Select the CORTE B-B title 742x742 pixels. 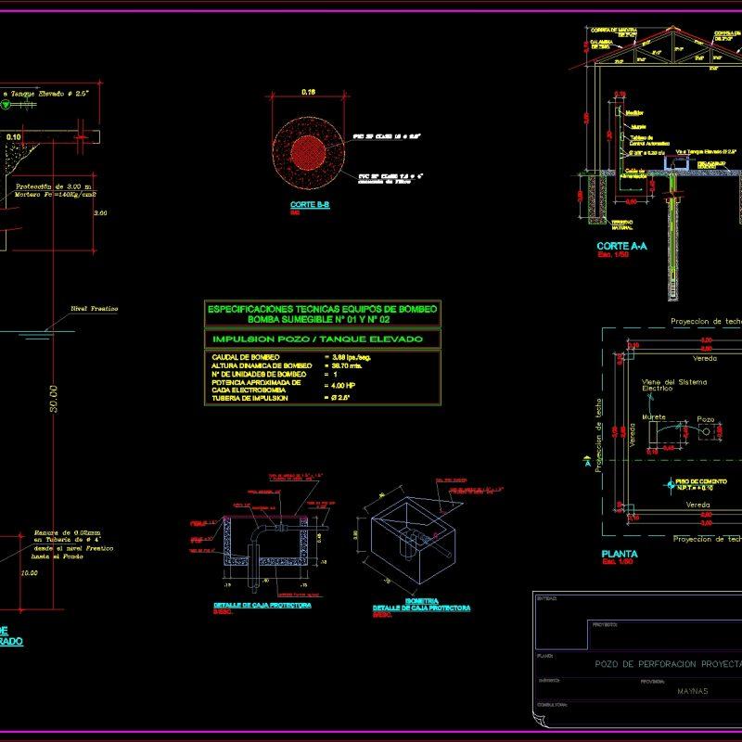click(310, 204)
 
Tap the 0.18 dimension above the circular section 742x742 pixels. click(309, 92)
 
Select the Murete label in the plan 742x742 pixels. click(655, 417)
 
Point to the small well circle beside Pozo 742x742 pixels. click(707, 431)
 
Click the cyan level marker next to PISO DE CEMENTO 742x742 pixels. click(671, 483)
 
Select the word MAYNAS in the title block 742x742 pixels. click(692, 691)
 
